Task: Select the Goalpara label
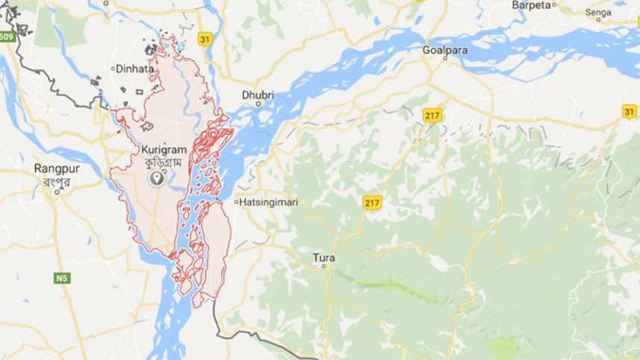point(444,49)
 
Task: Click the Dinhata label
point(135,69)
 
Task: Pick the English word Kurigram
point(161,149)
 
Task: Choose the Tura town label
point(324,258)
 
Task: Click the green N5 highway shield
point(62,278)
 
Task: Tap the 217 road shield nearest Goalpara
point(432,115)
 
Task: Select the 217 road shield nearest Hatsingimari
point(372,203)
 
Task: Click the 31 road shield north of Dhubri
point(206,37)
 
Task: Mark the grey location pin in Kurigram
point(157,178)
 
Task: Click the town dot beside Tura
point(324,268)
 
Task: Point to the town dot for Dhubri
point(258,105)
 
